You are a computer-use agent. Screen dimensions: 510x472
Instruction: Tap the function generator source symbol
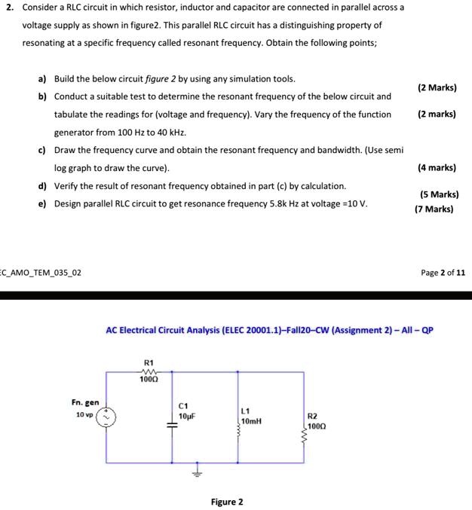[x=107, y=417]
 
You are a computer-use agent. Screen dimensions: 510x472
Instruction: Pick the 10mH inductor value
[x=251, y=421]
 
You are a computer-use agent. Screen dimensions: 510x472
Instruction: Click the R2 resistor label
[x=313, y=415]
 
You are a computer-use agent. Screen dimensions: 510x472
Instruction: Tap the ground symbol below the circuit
[x=199, y=472]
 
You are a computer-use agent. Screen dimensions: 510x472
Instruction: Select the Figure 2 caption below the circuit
[x=227, y=502]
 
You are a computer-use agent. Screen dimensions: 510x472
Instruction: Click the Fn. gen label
[x=85, y=403]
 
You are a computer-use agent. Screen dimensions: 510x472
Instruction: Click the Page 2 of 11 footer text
[x=443, y=272]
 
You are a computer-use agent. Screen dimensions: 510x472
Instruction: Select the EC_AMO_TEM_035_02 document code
[x=41, y=272]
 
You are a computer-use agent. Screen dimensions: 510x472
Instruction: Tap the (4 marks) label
[x=437, y=168]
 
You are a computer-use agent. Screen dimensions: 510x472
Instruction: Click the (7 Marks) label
[x=434, y=209]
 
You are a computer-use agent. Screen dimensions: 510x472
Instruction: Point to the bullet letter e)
[x=42, y=203]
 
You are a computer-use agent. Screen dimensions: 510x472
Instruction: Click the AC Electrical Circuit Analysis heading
[x=269, y=330]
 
